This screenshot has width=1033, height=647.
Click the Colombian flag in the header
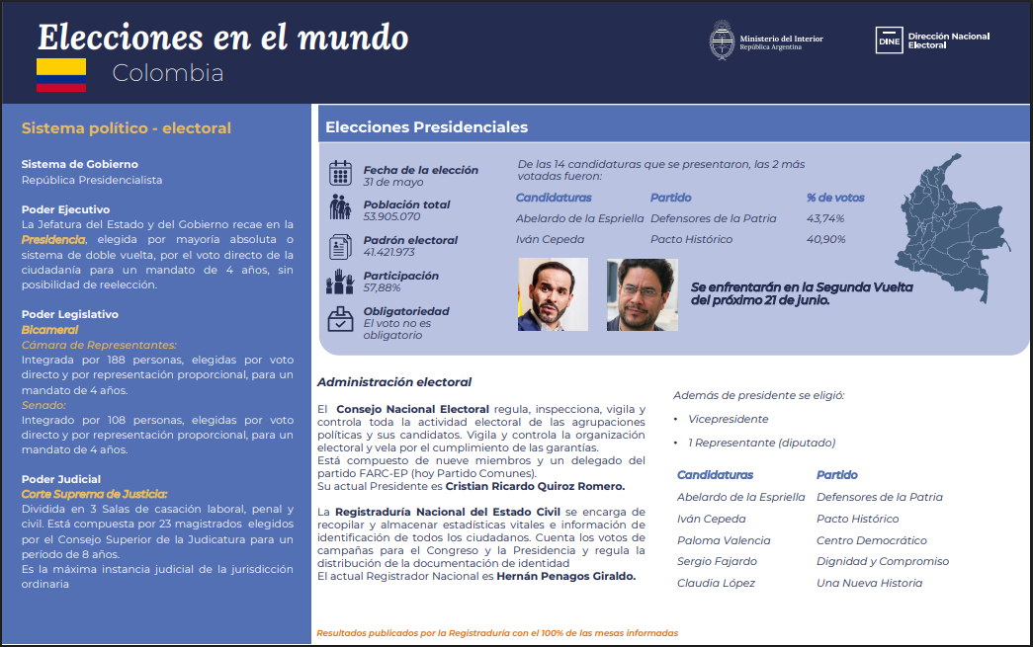[x=61, y=75]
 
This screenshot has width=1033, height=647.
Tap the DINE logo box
[x=889, y=40]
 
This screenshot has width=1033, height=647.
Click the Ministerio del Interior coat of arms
[x=722, y=40]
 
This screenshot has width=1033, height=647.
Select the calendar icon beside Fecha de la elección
[x=341, y=173]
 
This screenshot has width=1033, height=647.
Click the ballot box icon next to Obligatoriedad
[x=341, y=319]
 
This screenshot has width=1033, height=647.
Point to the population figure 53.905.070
[x=392, y=216]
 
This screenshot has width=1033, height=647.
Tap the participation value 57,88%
[x=383, y=287]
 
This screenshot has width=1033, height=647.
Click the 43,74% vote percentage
[x=825, y=218]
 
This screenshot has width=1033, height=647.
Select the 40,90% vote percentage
[x=826, y=240]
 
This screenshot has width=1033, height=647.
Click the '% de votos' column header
[x=835, y=198]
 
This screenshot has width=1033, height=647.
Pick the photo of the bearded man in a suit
[x=553, y=294]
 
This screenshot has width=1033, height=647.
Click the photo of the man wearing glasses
[x=643, y=294]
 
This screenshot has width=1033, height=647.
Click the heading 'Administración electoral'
[x=394, y=381]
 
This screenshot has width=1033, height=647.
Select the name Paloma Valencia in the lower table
[x=724, y=540]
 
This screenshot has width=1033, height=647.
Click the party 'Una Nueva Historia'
[x=870, y=583]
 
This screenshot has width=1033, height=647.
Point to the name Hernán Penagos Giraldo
[x=565, y=577]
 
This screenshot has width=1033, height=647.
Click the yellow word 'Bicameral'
[x=50, y=330]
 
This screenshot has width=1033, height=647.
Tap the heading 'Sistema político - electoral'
[x=127, y=128]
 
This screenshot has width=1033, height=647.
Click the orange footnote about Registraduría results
[x=497, y=633]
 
